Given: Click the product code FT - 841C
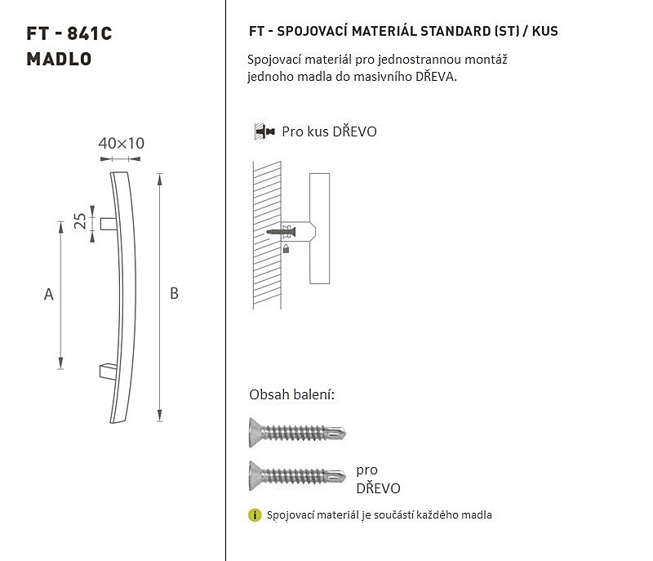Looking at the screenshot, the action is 69,33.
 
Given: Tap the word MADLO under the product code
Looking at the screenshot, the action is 59,59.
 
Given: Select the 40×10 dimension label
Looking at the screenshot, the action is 121,143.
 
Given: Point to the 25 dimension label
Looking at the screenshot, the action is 80,221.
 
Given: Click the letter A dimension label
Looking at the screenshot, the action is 49,295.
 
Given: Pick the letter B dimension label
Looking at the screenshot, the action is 174,294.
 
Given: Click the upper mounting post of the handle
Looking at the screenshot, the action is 109,224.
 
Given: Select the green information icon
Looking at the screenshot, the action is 255,515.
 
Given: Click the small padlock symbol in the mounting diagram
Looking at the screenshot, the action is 286,248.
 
